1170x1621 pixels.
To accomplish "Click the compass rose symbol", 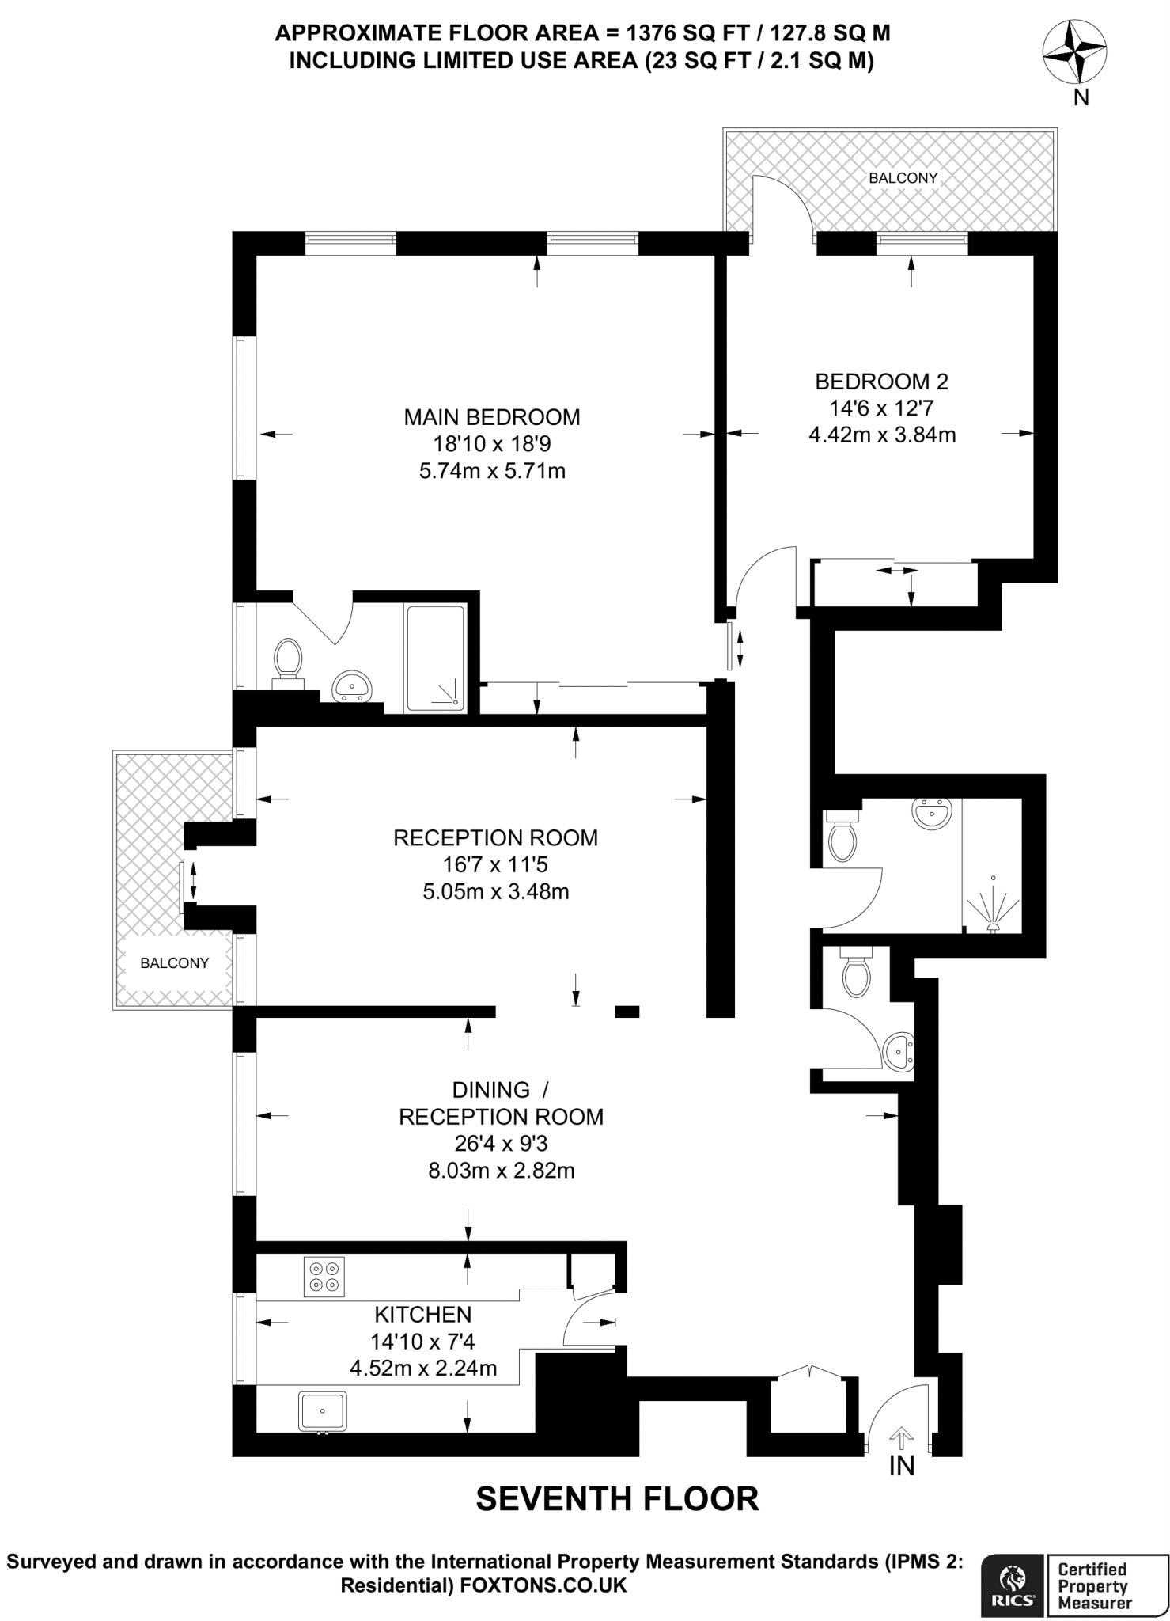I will (x=1074, y=52).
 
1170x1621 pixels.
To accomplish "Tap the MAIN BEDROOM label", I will (x=492, y=417).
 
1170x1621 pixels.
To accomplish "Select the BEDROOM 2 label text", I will (x=881, y=382).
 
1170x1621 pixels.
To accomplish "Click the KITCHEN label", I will (x=423, y=1315).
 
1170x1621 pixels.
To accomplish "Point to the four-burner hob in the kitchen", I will (x=324, y=1277).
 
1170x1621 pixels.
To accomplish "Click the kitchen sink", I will (x=322, y=1412).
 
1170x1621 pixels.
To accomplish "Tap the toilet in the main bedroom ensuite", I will (x=287, y=659).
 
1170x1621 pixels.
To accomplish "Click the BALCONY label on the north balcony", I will (x=903, y=178).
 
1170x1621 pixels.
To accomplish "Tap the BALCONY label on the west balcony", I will (x=174, y=963).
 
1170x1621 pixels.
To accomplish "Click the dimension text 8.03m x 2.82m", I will (x=502, y=1171).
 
